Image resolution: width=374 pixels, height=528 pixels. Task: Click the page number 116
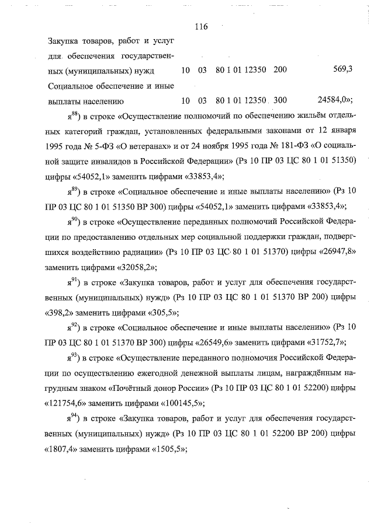tap(199, 27)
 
